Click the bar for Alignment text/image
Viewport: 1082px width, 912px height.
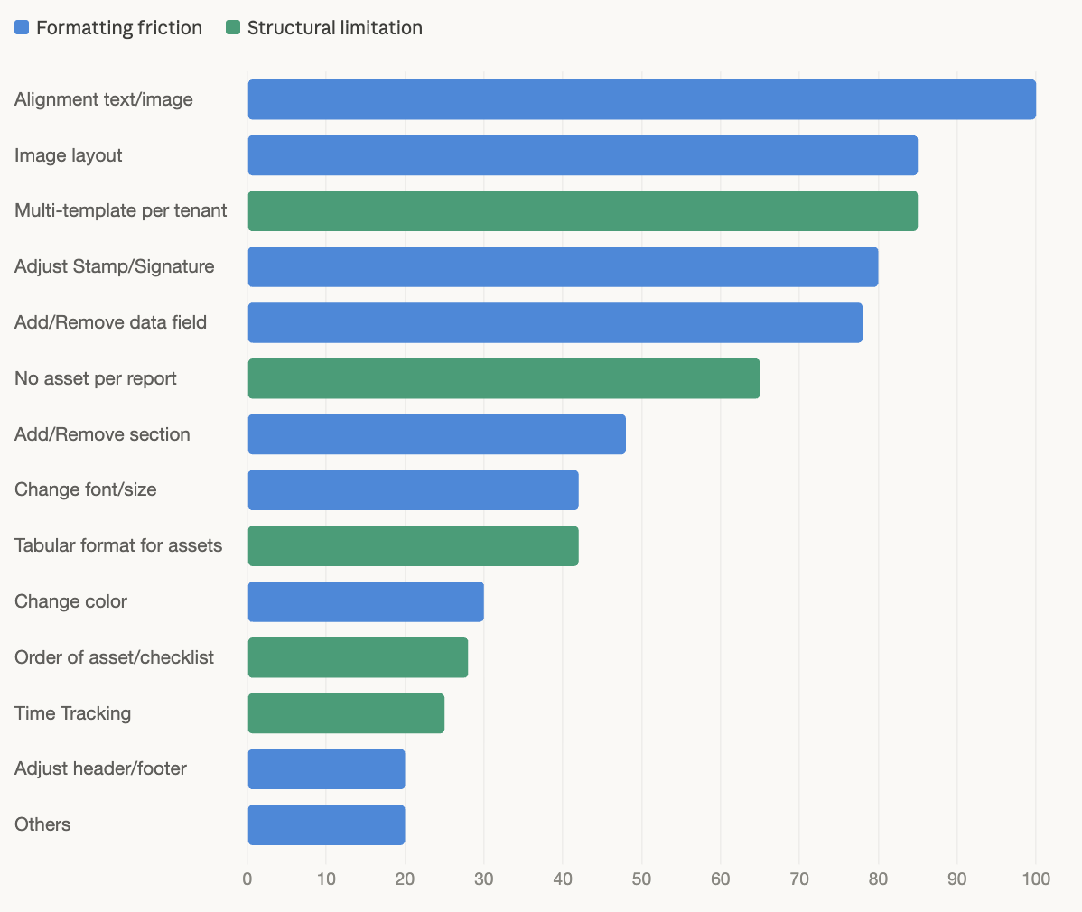coord(641,99)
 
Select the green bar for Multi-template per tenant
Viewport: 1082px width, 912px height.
coord(583,211)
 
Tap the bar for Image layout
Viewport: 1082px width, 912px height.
coord(583,155)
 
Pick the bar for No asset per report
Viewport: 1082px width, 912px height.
coord(504,378)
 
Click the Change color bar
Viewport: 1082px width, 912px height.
coord(366,601)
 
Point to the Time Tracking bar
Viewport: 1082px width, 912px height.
coord(346,713)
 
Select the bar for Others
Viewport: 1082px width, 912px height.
coord(326,824)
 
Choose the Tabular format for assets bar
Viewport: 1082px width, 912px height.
coord(413,545)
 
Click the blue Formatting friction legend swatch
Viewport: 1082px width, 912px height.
coord(22,28)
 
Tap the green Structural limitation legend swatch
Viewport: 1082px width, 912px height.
coord(233,28)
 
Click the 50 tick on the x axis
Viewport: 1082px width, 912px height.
coord(641,879)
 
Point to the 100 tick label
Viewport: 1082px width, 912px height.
coord(1035,879)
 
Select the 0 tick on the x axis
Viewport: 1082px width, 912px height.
coord(247,879)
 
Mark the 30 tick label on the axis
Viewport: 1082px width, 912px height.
coord(484,879)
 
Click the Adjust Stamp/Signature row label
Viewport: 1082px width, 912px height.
coord(115,266)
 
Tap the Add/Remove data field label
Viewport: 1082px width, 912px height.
coord(110,322)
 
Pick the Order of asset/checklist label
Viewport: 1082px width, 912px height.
coord(114,657)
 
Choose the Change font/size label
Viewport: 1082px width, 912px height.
coord(86,489)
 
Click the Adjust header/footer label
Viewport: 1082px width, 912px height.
coord(100,768)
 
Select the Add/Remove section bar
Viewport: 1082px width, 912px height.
coord(436,434)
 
